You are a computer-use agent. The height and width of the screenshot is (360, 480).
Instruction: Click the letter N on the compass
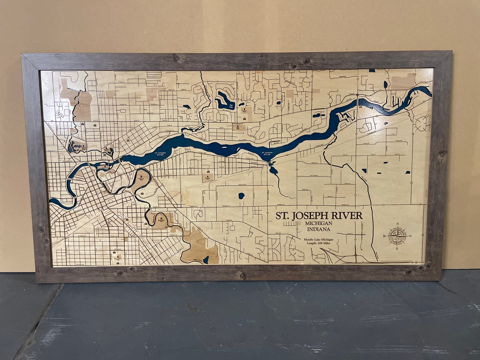[397, 224]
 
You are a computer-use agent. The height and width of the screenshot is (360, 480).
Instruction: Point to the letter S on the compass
[397, 248]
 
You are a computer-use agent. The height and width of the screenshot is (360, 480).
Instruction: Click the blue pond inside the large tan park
[205, 260]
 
